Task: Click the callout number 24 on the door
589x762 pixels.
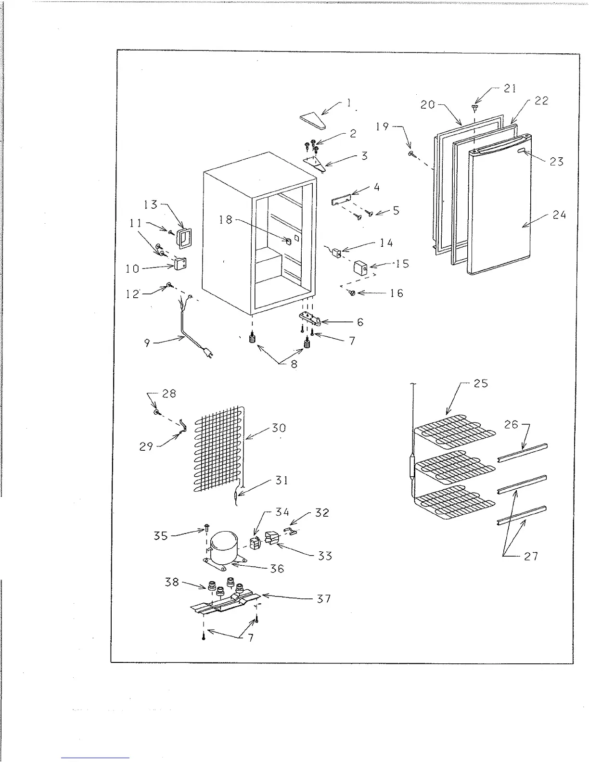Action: [x=559, y=215]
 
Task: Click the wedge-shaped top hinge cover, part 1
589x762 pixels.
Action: [x=312, y=122]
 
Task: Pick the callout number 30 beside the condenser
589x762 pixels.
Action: [x=279, y=428]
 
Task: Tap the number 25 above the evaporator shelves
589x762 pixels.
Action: [x=481, y=383]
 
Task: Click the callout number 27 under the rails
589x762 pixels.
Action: [x=531, y=556]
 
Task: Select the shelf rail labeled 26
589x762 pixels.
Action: [x=522, y=453]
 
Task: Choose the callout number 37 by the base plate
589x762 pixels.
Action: [x=324, y=599]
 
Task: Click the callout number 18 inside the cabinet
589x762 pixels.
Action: [x=225, y=220]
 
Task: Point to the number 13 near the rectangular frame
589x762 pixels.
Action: [x=151, y=204]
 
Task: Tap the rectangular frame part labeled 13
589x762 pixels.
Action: [x=184, y=239]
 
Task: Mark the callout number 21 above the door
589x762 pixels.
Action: [x=510, y=88]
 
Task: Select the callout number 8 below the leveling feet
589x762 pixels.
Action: [x=294, y=364]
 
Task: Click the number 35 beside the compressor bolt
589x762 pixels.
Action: [x=161, y=535]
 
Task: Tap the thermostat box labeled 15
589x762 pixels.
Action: [x=361, y=267]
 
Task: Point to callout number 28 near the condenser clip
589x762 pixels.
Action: [x=169, y=394]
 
